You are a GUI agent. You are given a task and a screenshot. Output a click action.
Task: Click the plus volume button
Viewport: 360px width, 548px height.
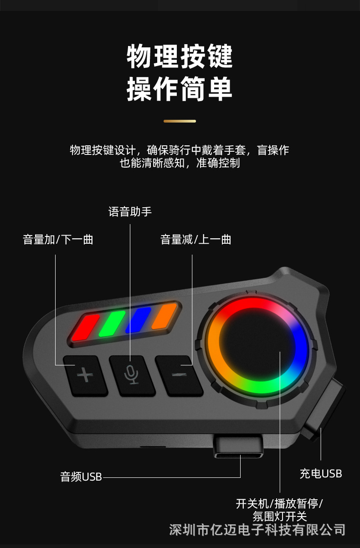[x=85, y=375]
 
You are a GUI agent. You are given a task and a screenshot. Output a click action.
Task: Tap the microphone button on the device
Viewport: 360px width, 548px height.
[x=132, y=375]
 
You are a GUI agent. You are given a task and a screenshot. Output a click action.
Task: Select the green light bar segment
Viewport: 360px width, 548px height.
[x=112, y=324]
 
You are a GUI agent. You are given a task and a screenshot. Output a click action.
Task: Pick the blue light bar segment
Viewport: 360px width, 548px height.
[x=138, y=320]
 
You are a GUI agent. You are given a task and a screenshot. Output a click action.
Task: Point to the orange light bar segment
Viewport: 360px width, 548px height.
[x=164, y=316]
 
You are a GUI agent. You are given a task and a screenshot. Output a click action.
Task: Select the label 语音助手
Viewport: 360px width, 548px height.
[x=130, y=212]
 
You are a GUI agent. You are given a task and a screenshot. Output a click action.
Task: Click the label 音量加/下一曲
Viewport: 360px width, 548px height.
[x=58, y=240]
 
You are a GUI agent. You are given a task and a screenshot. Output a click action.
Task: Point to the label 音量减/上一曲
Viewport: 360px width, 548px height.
[x=196, y=240]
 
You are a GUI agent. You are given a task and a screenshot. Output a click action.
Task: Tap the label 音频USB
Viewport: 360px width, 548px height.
[x=81, y=477]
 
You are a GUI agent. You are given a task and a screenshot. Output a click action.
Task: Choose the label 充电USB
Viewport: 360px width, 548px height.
[x=321, y=474]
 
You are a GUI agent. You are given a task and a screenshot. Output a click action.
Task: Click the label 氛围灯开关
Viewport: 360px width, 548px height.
[x=279, y=517]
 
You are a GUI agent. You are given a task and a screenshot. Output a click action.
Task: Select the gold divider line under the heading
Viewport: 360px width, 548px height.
[x=180, y=121]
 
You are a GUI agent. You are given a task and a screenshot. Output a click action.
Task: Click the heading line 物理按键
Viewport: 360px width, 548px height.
[x=180, y=56]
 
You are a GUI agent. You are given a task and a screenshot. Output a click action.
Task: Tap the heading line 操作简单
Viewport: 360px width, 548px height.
[x=180, y=88]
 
